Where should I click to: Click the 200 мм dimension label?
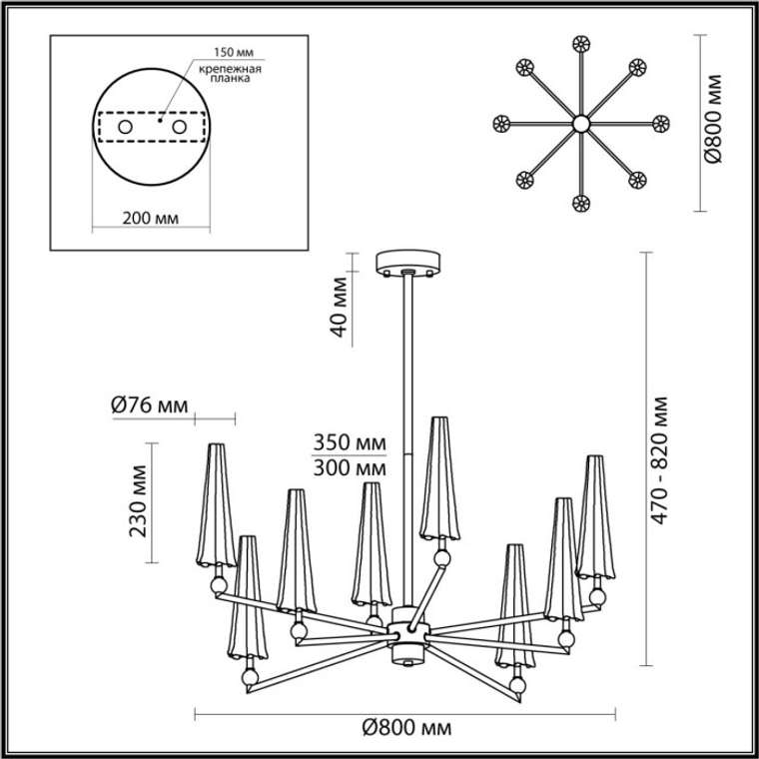point(150,219)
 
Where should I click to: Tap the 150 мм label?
point(234,52)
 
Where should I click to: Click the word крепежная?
point(231,68)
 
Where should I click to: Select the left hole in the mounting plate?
point(126,127)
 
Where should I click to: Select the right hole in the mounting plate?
point(179,127)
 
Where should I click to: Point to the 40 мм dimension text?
point(340,307)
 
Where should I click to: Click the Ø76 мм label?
point(149,405)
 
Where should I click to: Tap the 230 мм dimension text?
point(138,501)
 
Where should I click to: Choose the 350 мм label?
point(349,442)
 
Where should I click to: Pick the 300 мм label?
point(349,468)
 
